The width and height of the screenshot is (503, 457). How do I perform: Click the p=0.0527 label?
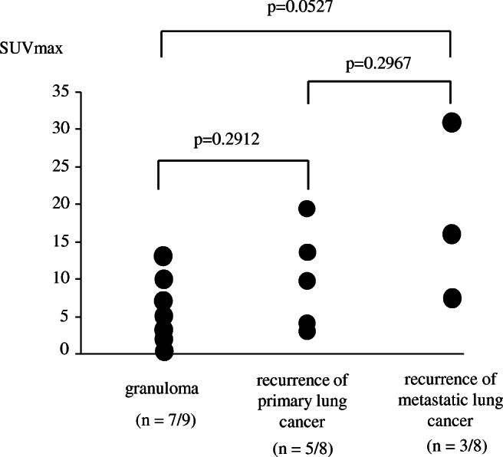306,8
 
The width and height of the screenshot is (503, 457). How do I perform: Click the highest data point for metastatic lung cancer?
452,123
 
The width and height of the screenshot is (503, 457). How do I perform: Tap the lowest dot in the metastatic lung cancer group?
452,298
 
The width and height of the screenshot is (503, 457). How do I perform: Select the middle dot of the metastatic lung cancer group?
452,235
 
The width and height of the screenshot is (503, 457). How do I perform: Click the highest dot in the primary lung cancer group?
307,209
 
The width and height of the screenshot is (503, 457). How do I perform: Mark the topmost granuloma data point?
163,256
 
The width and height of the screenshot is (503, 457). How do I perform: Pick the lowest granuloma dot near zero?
163,351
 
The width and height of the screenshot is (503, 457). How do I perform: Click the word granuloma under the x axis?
163,388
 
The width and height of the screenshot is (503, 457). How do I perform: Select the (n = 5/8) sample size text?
307,446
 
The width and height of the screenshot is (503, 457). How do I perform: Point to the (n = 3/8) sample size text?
450,445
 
